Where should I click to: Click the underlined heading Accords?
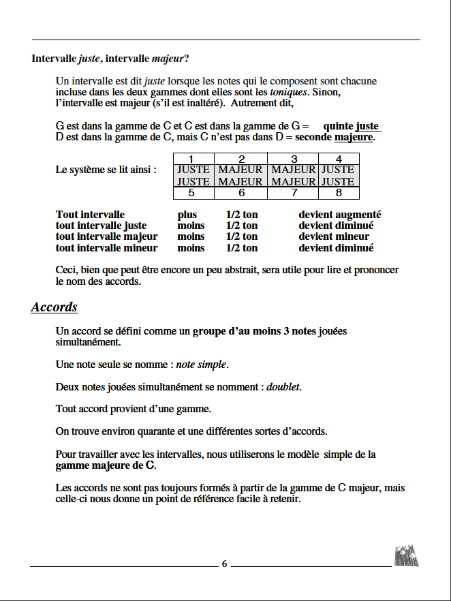pos(55,307)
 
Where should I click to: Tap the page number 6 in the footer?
pos(225,564)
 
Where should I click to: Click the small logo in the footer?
pos(406,556)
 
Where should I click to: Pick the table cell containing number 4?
pos(339,159)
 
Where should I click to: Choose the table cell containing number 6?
pos(241,193)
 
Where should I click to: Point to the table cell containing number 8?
pos(339,193)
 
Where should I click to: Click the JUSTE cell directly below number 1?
pos(193,170)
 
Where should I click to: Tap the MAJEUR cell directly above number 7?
pos(294,182)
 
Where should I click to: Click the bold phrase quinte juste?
pos(351,126)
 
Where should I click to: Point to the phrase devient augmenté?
pos(339,215)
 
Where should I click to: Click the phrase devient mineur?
pos(334,236)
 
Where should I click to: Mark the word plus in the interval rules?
pos(187,215)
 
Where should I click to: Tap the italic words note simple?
pos(202,365)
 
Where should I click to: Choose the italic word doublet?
pos(283,387)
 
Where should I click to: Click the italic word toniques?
pos(288,91)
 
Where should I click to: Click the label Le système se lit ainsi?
pos(106,170)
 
